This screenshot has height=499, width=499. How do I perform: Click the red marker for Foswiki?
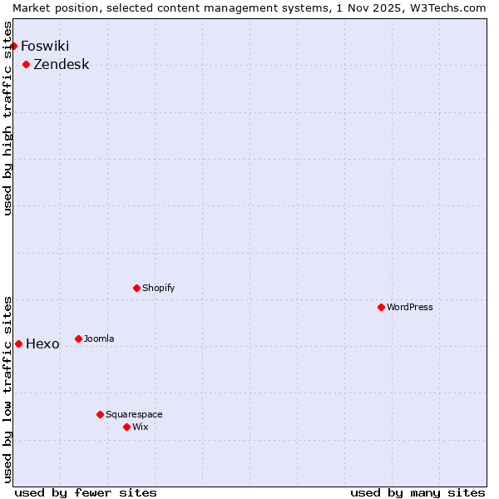coord(14,46)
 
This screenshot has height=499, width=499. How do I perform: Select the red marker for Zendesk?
coord(27,64)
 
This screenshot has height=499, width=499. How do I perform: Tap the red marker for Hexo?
coord(19,343)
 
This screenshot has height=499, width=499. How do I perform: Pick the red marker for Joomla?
coord(79,338)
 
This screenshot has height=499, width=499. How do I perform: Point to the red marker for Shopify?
coord(137,288)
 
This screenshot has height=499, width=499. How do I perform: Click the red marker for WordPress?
coord(382,307)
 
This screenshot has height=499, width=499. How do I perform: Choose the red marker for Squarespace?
coord(101,414)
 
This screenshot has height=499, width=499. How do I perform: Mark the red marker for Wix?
coord(127,427)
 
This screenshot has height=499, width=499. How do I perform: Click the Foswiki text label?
coord(45,46)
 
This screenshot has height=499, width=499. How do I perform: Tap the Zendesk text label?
coord(62,64)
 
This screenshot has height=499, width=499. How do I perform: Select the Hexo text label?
coord(43,343)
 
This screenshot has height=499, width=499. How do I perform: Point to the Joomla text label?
coord(99,338)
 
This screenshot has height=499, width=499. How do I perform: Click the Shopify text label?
coord(158,288)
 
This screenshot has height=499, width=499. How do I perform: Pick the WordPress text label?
coord(410,307)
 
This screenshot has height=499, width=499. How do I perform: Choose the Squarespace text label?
coord(134,414)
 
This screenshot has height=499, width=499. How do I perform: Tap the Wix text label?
coord(140,427)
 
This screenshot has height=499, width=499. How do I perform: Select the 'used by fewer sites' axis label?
coord(86,492)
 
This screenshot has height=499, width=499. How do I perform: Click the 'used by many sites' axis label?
coord(417,492)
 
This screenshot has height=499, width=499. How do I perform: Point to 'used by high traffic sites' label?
coord(8,118)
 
